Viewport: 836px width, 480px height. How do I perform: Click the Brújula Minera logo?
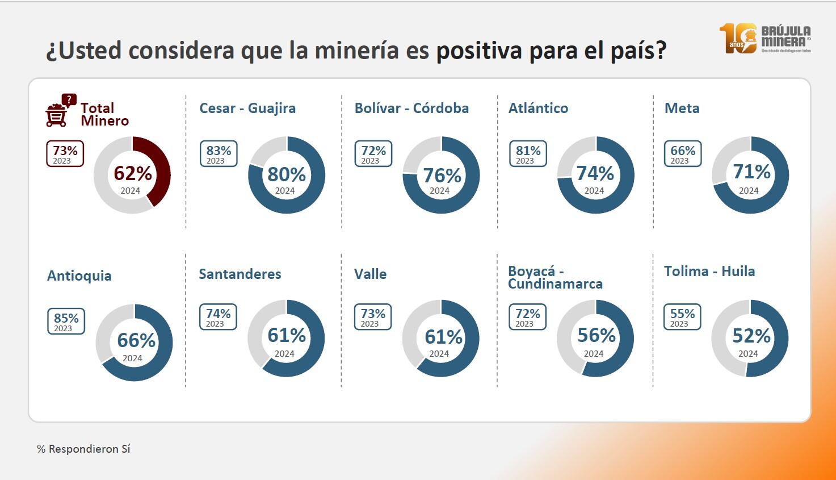coord(765,39)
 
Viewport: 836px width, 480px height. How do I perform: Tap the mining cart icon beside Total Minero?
coord(58,111)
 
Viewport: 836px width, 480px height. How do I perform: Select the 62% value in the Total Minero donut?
coord(133,173)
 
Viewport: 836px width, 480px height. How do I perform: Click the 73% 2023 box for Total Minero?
coord(65,154)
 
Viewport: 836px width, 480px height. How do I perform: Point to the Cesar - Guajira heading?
coord(247,108)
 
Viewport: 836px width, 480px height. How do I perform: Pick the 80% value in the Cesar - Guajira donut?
coord(287,174)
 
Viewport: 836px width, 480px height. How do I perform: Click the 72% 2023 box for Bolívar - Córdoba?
coord(373,154)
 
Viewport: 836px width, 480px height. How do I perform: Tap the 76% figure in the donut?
coord(442,175)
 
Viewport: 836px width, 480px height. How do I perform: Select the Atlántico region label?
coord(538,108)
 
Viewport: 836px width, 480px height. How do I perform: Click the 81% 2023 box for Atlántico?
coord(528,154)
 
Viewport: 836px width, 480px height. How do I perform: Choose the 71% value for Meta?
coord(751,172)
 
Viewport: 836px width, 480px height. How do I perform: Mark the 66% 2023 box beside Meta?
coord(683,154)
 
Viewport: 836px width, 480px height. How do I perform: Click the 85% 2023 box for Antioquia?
coord(66,322)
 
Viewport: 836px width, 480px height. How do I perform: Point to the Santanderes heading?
coord(240,274)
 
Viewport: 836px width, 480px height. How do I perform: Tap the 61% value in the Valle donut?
coord(443,337)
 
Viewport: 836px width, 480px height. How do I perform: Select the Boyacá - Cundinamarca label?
coord(554,277)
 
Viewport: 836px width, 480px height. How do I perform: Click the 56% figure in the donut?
coord(596,335)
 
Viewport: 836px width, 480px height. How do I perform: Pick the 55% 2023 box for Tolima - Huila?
coord(682,317)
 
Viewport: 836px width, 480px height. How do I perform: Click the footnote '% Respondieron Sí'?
coord(83,449)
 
